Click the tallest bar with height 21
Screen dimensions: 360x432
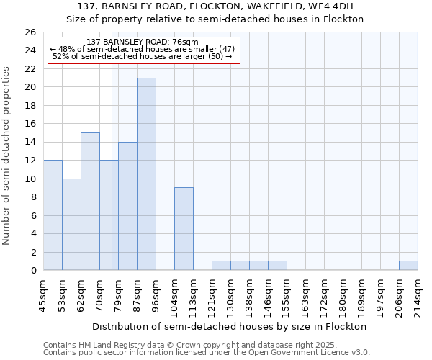(146, 174)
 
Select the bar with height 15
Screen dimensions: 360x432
(90, 202)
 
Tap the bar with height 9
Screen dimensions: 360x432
(184, 229)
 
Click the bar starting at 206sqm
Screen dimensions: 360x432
(408, 266)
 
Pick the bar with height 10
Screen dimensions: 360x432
(71, 225)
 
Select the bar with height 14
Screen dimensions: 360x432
(127, 206)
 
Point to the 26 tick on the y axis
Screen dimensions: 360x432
(30, 32)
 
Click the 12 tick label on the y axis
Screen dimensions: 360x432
(30, 161)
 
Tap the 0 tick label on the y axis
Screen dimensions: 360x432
(32, 271)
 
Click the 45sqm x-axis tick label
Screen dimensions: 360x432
(43, 294)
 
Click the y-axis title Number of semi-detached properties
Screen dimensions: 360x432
(7, 156)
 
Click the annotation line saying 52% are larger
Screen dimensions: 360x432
(143, 56)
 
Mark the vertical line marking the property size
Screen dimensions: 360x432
(112, 166)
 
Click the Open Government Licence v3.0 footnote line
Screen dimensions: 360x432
(207, 353)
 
